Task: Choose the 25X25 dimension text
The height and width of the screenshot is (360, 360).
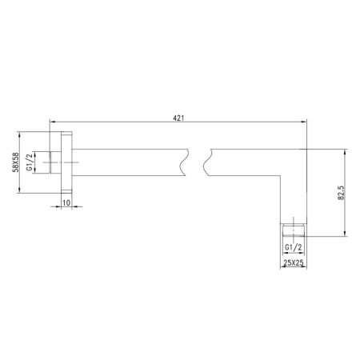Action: [294, 262]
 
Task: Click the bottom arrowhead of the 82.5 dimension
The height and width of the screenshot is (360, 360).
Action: [346, 234]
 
